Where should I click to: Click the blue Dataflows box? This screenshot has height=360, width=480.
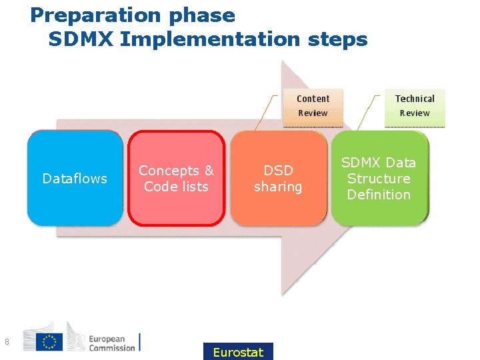75,178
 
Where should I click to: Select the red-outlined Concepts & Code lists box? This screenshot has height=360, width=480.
176,178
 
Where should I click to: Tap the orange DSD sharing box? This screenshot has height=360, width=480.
278,178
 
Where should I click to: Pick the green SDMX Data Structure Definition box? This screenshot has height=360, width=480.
379,178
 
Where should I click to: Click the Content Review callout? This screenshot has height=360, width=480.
313,106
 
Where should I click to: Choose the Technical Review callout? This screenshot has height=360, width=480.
414,106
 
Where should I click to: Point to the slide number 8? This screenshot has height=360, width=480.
7,343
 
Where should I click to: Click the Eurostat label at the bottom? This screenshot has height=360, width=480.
238,352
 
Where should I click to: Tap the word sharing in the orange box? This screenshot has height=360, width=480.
278,187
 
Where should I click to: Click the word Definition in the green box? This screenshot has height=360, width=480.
379,195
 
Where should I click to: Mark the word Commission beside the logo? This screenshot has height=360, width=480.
112,347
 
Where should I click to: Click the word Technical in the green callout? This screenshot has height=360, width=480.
415,99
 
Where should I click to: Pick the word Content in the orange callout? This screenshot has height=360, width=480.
313,99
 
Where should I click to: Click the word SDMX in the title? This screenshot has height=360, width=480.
81,39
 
